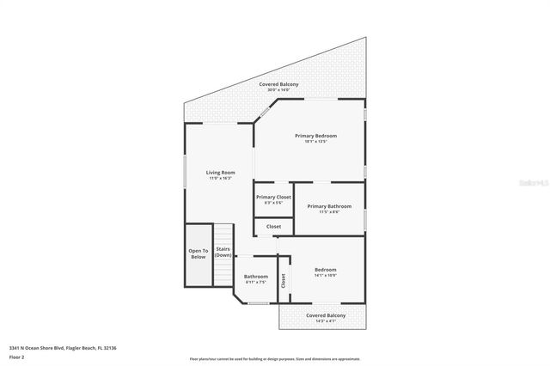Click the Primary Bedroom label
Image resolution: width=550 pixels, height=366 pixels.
315,136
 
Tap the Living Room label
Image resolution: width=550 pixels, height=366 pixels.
220,173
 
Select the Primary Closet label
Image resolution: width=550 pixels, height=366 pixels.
273,197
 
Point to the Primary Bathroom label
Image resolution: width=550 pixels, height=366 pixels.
329,206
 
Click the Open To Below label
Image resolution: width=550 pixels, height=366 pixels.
199,253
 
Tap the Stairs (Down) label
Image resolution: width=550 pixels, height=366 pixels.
223,252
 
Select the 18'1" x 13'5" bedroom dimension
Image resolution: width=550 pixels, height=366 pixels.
315,142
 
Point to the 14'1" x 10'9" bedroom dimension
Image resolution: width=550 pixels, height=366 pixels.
325,275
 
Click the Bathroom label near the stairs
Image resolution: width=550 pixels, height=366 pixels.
256,276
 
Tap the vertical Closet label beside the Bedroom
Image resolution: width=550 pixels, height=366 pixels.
283,280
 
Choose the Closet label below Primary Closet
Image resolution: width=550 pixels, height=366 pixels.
273,226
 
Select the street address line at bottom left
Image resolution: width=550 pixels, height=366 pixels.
63,347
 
